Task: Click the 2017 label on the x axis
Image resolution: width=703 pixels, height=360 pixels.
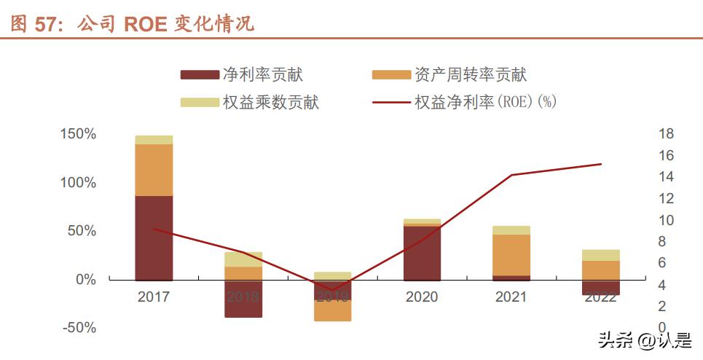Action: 153,297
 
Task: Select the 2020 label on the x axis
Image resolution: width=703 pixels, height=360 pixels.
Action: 422,297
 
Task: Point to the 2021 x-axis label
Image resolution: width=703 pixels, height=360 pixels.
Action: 511,297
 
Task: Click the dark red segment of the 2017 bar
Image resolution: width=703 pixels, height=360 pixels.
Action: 154,238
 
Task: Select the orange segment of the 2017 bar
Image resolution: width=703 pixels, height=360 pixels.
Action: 154,170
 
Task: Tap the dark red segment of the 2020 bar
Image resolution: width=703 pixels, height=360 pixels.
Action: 422,252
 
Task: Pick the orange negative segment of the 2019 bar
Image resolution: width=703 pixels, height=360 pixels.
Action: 332,310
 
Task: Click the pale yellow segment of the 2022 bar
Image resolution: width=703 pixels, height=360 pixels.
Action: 601,255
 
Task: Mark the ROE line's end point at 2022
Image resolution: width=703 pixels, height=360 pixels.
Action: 601,164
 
